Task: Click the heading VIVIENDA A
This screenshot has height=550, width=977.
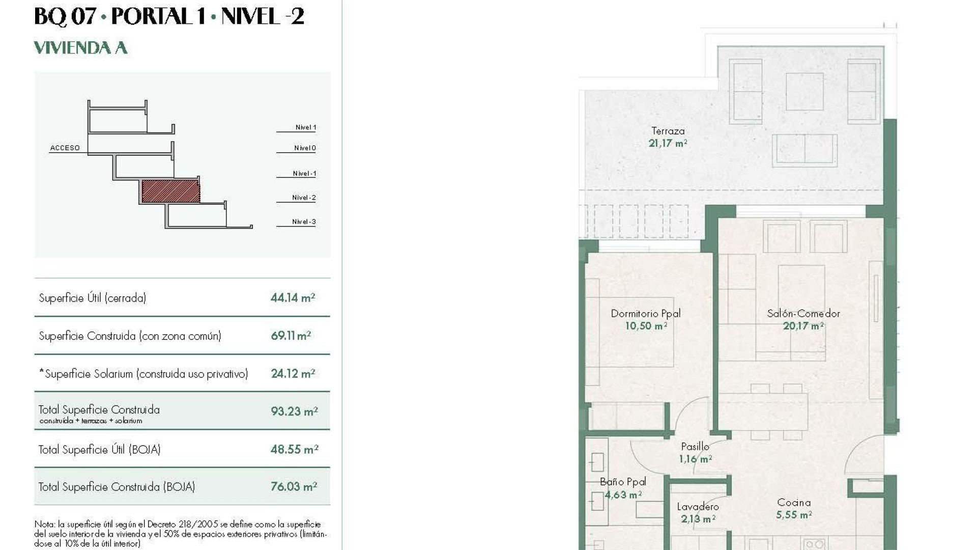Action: [x=80, y=48]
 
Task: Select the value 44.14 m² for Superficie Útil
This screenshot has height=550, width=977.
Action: [x=293, y=298]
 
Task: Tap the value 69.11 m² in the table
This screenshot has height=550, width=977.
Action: [x=291, y=336]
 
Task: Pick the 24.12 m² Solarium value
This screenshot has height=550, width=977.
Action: [x=293, y=374]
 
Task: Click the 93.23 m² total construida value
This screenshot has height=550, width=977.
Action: [x=294, y=411]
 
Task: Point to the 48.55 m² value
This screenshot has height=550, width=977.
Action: [x=294, y=450]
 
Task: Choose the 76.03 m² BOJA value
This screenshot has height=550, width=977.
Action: [x=294, y=487]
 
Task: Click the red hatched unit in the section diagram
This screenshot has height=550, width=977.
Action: [x=170, y=191]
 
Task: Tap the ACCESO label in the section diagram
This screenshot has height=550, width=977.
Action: [x=65, y=148]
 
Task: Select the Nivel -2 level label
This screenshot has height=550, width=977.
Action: [x=304, y=198]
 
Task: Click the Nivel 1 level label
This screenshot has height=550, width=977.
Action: [x=305, y=127]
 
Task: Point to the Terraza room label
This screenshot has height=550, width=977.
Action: [x=668, y=131]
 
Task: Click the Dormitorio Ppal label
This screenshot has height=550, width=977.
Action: [x=645, y=314]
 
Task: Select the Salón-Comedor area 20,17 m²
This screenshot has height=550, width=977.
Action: [x=803, y=326]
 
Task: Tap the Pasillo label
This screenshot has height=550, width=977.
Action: [x=695, y=447]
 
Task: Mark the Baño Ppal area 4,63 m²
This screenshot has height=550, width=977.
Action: [x=623, y=494]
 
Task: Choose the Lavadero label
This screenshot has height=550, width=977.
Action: [x=698, y=507]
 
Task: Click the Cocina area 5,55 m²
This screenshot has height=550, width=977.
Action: [x=793, y=515]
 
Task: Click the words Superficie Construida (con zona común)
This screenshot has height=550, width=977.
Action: [x=130, y=336]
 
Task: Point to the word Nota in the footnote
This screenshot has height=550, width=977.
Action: [x=43, y=524]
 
